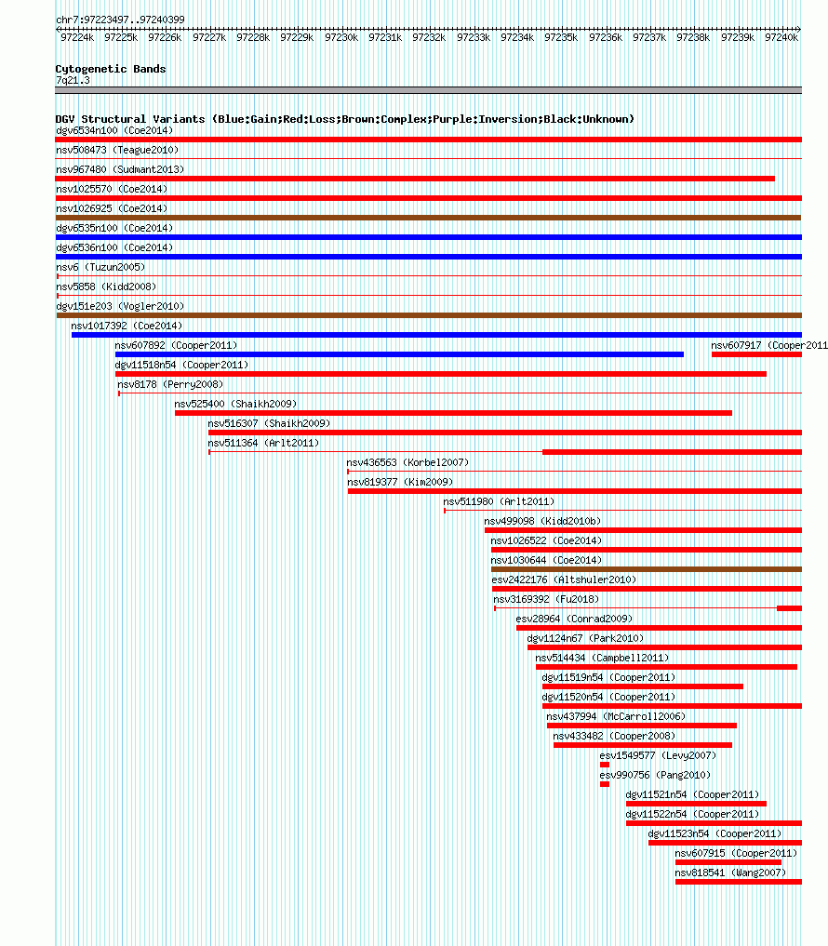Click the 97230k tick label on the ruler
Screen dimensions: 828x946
(x=341, y=37)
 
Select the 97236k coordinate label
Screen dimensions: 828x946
(x=606, y=37)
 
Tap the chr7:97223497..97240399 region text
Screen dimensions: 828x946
(x=120, y=20)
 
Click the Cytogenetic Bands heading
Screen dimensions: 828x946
(x=111, y=69)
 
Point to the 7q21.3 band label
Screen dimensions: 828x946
(x=73, y=80)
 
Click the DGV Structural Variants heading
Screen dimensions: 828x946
(x=344, y=119)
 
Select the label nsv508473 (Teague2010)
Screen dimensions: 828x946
(x=117, y=151)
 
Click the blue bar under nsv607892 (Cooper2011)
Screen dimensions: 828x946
(x=399, y=354)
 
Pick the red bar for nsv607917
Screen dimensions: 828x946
(x=756, y=354)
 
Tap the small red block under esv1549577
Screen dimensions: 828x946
(x=605, y=765)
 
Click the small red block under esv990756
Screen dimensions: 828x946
(x=605, y=784)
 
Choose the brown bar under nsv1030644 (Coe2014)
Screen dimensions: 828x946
(x=647, y=569)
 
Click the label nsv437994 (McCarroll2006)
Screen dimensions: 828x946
(x=616, y=717)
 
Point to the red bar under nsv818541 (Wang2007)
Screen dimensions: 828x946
(x=739, y=882)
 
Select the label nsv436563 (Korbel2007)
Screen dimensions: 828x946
(x=407, y=462)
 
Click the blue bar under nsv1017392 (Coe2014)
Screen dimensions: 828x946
(x=436, y=335)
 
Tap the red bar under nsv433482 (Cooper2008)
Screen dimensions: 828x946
(x=643, y=745)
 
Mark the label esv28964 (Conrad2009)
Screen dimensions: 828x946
(x=574, y=619)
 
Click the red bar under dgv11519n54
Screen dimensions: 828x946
(x=643, y=686)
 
